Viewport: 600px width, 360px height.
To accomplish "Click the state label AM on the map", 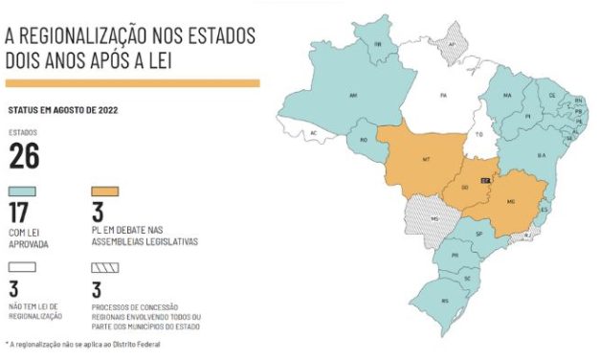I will [x=354, y=96].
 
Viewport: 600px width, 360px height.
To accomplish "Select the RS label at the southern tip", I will [x=444, y=301].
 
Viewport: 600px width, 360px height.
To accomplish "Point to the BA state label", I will [x=541, y=154].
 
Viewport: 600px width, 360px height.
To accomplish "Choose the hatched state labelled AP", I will [x=452, y=44].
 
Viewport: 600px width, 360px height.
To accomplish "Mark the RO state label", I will [x=363, y=140].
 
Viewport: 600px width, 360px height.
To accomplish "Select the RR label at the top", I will [x=378, y=44].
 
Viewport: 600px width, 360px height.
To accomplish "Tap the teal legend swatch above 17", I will [x=24, y=191].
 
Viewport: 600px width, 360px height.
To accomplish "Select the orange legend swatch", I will [x=105, y=191].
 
